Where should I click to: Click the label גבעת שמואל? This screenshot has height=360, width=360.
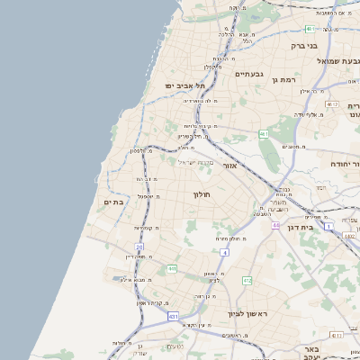click(x=338, y=60)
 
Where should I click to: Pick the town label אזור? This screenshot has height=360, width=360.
click(x=228, y=166)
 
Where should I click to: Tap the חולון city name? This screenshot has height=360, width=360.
click(x=201, y=193)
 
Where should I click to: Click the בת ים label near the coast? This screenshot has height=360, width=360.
click(x=113, y=202)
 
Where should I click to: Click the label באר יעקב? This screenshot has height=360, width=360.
click(x=312, y=353)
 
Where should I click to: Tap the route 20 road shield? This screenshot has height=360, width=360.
click(x=139, y=246)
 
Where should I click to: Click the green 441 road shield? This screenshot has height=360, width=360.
click(x=171, y=268)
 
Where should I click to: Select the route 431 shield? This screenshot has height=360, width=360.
click(x=172, y=316)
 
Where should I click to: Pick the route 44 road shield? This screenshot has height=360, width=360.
click(x=274, y=225)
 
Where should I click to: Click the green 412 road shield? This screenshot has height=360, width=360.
click(x=247, y=281)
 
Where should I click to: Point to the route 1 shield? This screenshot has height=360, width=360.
click(x=329, y=225)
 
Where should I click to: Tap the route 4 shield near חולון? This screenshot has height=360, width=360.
click(x=224, y=252)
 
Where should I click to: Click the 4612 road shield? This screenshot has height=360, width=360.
click(x=332, y=105)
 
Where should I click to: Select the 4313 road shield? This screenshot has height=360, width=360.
click(x=336, y=335)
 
